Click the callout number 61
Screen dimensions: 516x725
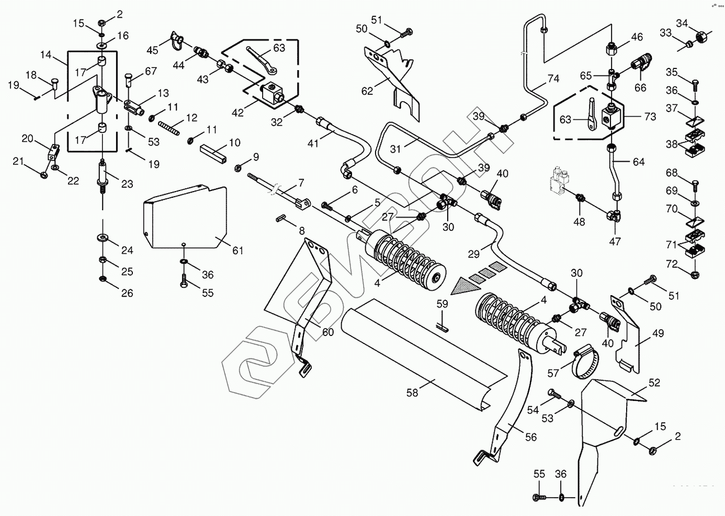238,251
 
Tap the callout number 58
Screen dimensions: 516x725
412,392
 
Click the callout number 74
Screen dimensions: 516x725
553,78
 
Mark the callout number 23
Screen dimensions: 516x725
127,184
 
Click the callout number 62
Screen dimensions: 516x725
367,91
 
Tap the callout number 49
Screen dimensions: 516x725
658,333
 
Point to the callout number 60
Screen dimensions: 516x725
327,332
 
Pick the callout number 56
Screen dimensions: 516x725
531,436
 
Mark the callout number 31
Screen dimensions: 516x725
395,149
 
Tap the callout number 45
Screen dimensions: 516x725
152,50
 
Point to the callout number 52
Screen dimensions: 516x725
654,383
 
